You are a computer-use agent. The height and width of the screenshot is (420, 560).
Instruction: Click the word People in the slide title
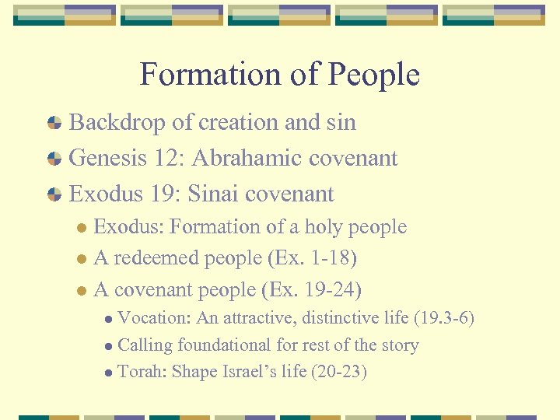[x=373, y=75]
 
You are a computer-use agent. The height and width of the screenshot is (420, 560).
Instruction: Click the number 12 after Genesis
[x=168, y=158]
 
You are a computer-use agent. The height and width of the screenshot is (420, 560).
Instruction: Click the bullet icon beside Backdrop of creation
[x=54, y=123]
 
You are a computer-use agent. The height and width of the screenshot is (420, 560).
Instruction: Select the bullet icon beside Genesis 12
[x=54, y=159]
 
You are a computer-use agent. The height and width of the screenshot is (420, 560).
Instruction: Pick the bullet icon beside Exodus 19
[x=54, y=194]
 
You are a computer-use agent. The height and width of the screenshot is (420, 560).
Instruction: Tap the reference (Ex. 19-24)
[x=313, y=290]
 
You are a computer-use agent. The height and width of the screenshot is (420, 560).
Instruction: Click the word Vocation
[x=154, y=318]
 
